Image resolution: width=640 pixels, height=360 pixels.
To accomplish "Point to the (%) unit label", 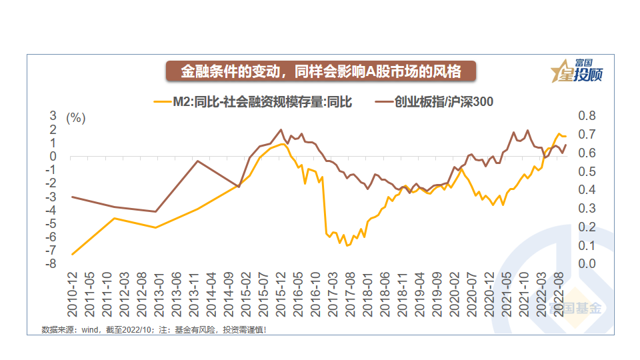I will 77,118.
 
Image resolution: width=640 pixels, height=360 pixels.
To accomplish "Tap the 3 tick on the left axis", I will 53,116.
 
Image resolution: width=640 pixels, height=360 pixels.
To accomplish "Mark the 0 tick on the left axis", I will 53,157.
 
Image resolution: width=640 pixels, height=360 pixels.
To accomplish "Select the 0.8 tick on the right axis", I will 587,116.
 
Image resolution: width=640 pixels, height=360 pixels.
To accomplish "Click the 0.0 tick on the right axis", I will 587,264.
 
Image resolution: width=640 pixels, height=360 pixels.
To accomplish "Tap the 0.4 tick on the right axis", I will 587,190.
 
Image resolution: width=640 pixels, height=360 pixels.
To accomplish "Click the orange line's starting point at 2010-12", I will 72,254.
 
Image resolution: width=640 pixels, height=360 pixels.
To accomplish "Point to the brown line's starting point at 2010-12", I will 72,197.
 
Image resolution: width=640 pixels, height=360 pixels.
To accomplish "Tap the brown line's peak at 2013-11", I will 197,161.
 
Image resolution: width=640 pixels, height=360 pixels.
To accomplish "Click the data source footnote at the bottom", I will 154,329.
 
